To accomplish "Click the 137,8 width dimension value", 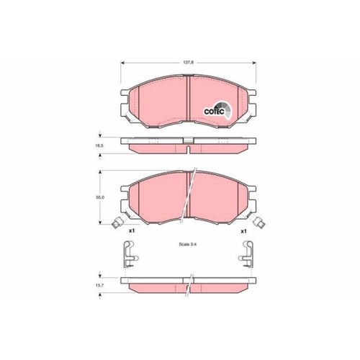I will point(187,63).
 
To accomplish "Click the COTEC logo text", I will point(215,112).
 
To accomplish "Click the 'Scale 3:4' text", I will point(187,246).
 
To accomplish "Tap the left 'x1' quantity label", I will point(132,230).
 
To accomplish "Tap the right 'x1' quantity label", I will point(243,230).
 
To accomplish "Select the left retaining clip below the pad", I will point(127,253).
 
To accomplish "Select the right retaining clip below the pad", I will point(246,253).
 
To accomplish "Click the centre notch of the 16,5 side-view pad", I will point(187,148).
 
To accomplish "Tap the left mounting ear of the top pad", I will point(125,101).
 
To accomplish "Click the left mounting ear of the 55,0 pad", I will point(125,198).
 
